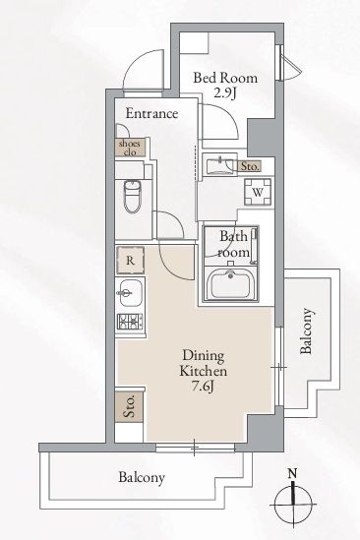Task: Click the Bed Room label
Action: [x=225, y=78]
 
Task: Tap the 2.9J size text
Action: [x=224, y=93]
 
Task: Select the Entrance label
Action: [x=151, y=114]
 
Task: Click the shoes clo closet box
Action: [x=130, y=148]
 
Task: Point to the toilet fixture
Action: [x=132, y=197]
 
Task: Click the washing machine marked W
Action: [x=258, y=192]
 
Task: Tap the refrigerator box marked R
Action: [x=130, y=261]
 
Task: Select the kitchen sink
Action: [x=129, y=293]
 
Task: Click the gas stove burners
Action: [x=130, y=323]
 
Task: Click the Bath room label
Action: [x=234, y=244]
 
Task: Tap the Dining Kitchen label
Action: [x=204, y=363]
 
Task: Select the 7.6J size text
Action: [x=204, y=387]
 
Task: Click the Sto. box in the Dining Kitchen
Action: [x=129, y=406]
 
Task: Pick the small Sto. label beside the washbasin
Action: [x=250, y=166]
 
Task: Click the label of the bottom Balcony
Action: [x=142, y=477]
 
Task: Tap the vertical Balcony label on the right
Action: [x=306, y=330]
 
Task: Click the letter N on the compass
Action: [x=292, y=473]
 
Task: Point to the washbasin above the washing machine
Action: [x=219, y=165]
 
